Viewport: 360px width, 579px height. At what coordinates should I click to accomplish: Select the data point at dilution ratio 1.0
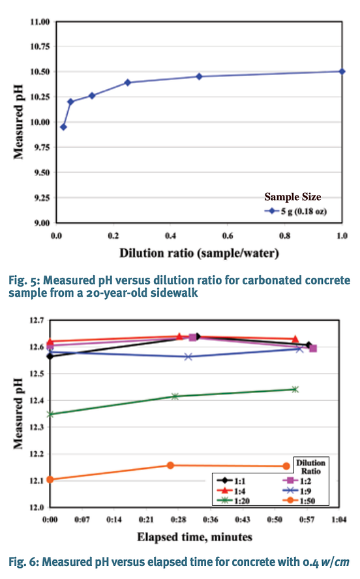point(342,71)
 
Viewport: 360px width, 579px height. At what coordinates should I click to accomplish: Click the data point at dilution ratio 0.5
point(199,76)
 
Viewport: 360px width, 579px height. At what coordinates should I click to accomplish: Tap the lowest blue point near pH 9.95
point(63,126)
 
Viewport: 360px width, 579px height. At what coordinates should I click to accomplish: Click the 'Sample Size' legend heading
point(292,196)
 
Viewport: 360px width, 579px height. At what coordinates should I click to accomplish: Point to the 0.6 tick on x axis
point(228,235)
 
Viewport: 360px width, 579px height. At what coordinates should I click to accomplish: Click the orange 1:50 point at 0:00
point(51,479)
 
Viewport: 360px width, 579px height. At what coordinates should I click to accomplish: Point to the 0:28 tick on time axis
point(179,521)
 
